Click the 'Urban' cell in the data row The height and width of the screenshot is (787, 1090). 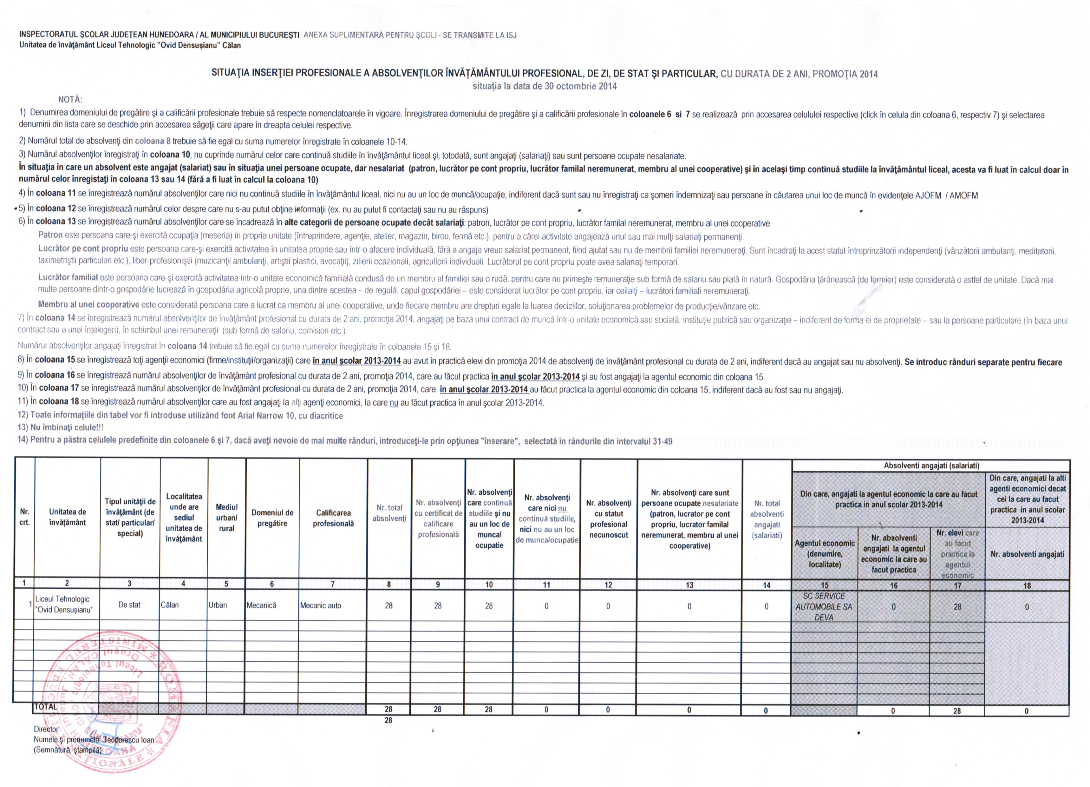tap(218, 605)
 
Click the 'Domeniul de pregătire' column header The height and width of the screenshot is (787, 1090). tap(272, 518)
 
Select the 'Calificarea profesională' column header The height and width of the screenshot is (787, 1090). tap(333, 518)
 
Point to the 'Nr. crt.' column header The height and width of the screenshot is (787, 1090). tap(24, 517)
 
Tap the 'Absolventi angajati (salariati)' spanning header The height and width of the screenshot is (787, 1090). tap(931, 466)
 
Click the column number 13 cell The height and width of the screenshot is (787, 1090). tap(689, 585)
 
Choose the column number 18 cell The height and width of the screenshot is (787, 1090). tap(1027, 585)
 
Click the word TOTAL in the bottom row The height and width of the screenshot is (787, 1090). tap(46, 707)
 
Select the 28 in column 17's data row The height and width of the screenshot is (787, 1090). tap(957, 607)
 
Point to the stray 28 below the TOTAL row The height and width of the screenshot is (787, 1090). tap(388, 720)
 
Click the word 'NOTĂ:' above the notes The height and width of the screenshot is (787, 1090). tap(70, 100)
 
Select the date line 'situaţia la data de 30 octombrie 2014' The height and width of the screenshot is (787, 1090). tap(545, 87)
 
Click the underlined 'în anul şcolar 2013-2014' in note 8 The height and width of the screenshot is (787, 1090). tap(356, 361)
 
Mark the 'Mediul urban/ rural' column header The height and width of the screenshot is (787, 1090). tap(226, 518)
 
